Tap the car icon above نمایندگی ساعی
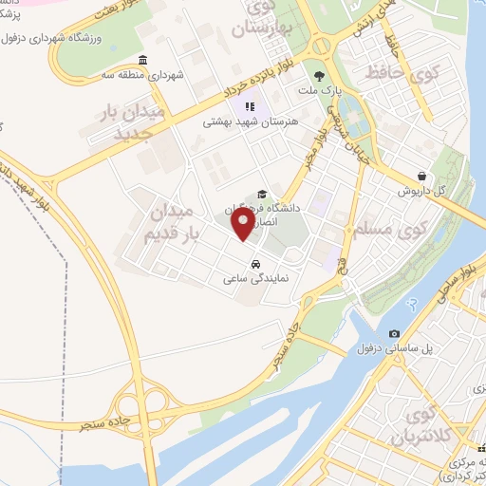click(x=255, y=263)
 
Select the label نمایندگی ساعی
click(x=255, y=279)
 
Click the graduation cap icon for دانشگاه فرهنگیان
click(x=262, y=194)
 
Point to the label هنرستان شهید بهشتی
click(x=250, y=122)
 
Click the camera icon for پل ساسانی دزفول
click(x=394, y=333)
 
